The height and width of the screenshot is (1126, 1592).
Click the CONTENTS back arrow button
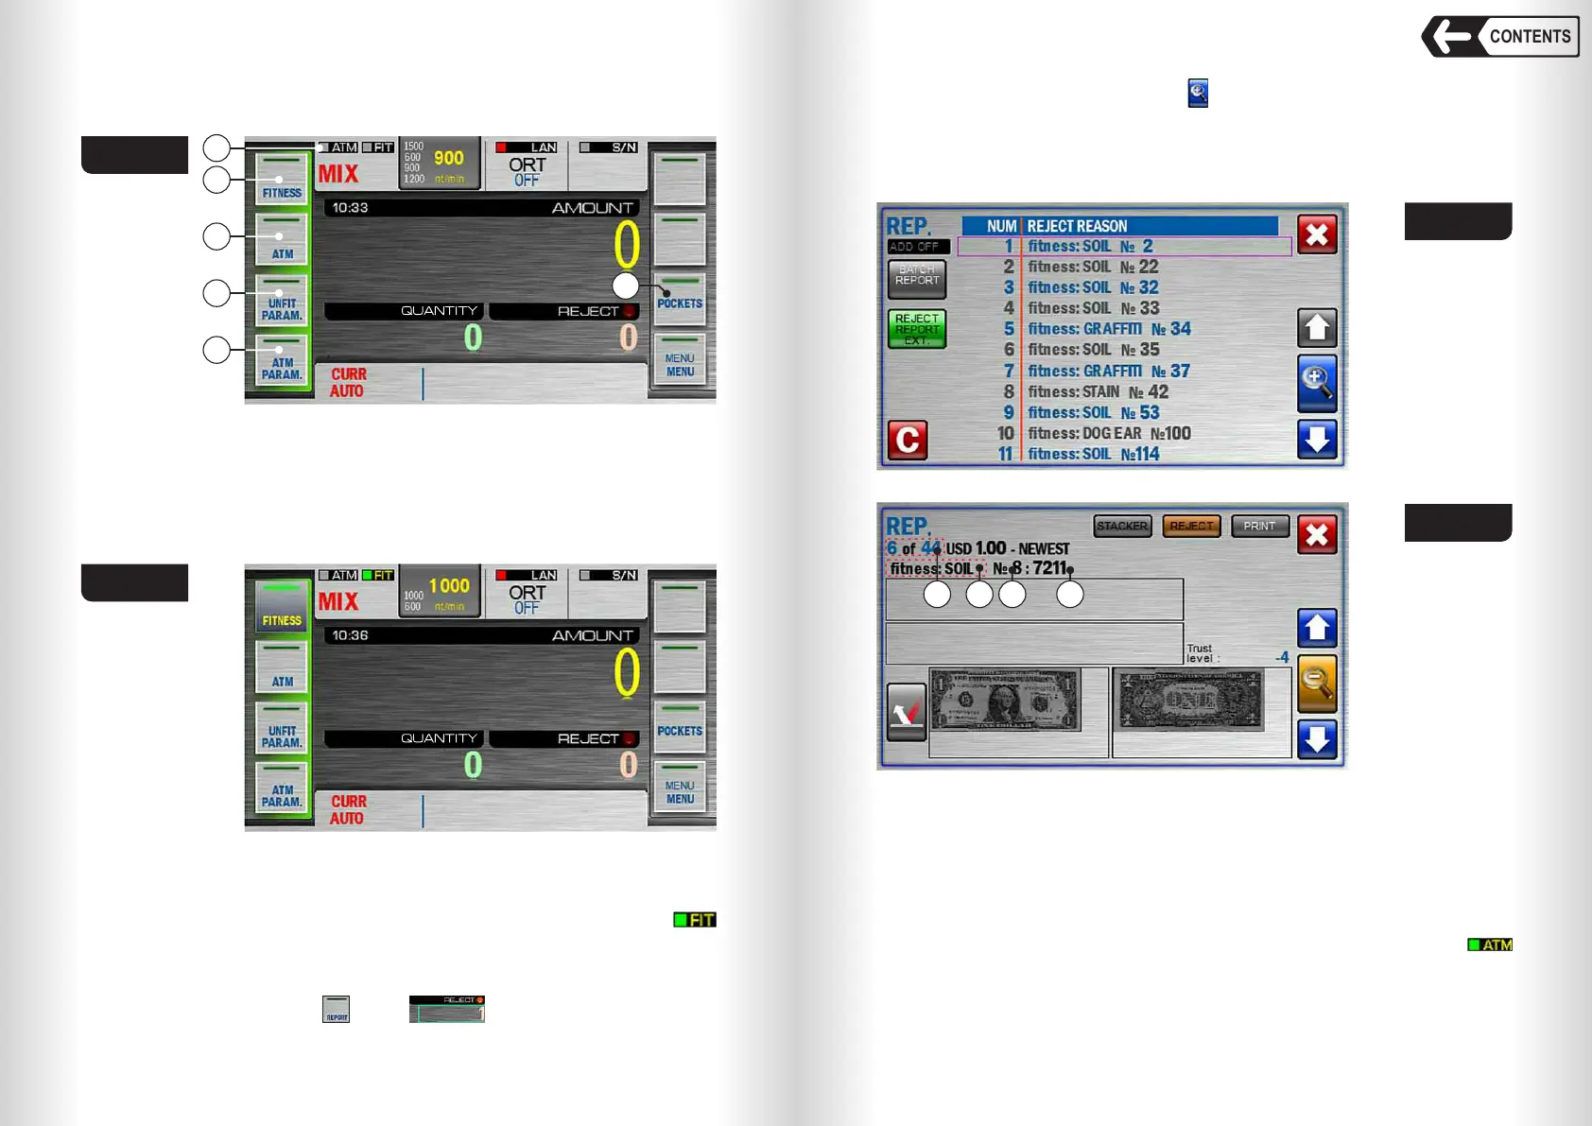coord(1499,37)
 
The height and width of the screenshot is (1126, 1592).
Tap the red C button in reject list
coord(908,440)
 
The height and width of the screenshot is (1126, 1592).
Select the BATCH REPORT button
coord(916,276)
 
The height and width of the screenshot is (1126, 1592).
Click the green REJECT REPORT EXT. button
coord(916,329)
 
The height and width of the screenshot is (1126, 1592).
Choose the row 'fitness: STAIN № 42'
coord(1097,392)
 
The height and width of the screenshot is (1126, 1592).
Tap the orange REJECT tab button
coord(1191,526)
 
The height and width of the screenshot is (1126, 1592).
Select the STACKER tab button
coord(1122,526)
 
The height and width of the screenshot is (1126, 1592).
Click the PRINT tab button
coord(1259,526)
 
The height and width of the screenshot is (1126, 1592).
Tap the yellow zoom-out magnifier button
coord(1317,682)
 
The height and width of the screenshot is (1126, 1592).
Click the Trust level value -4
coord(1282,657)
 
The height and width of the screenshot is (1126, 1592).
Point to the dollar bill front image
coord(1004,701)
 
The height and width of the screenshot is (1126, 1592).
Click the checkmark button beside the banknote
coord(907,712)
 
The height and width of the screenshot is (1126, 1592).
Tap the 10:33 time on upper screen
coord(350,208)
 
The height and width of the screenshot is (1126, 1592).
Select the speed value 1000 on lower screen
coord(449,586)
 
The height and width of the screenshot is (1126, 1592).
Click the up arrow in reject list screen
coord(1317,329)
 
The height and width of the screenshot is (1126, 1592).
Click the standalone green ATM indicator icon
coord(1490,944)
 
